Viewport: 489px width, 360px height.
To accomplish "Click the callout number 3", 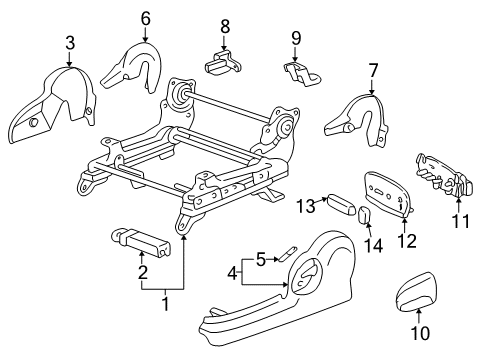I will click(69, 41).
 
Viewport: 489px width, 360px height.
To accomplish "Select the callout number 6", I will click(146, 17).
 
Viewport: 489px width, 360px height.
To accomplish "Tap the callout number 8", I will click(224, 25).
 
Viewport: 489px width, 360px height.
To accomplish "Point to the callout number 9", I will click(296, 38).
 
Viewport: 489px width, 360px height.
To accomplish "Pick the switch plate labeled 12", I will click(387, 189).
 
